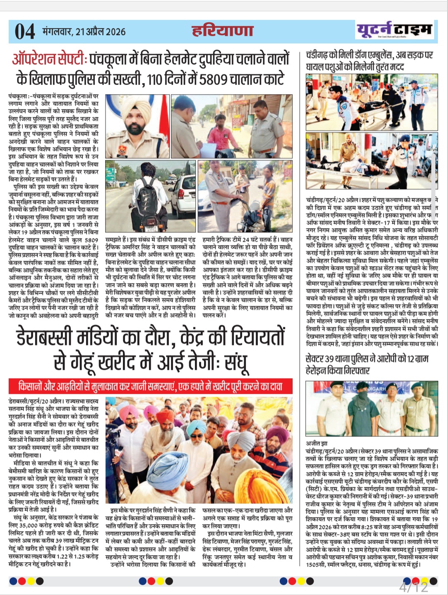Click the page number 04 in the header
[25, 31]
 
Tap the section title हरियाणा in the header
[222, 31]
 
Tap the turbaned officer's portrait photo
[137, 126]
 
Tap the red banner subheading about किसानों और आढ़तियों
[151, 386]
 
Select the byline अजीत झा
[317, 443]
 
